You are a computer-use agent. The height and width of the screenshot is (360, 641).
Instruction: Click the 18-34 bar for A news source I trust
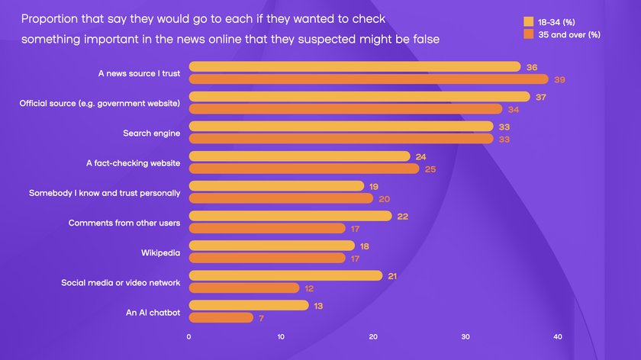[354, 67]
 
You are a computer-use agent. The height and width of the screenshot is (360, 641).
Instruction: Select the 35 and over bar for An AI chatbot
[221, 317]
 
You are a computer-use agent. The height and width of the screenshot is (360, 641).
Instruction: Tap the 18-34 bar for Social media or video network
[285, 275]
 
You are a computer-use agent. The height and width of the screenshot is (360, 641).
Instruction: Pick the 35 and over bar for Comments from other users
[267, 228]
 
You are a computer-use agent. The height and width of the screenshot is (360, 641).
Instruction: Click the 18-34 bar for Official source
[359, 97]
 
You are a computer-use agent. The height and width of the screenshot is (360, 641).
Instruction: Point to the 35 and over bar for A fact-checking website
[304, 169]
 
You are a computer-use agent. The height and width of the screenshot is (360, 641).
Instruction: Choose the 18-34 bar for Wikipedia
[272, 246]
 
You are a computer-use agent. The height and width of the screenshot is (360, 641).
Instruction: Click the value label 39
[560, 79]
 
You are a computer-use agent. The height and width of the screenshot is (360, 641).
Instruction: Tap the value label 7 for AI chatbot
[262, 317]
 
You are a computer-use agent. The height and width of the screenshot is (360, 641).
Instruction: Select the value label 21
[393, 275]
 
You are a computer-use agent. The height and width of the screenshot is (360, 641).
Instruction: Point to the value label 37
[541, 97]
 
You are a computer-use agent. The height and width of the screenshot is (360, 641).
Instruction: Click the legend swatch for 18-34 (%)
[528, 21]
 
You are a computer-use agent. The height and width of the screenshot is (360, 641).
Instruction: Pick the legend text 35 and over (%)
[569, 34]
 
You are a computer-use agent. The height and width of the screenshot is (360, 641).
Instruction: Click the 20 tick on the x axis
[373, 336]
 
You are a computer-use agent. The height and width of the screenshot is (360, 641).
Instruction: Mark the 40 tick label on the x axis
[558, 336]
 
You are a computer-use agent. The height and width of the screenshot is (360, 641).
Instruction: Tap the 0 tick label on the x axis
[188, 336]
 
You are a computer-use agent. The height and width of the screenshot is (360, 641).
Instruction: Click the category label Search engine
[151, 133]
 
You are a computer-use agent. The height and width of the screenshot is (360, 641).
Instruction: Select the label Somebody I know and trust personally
[105, 193]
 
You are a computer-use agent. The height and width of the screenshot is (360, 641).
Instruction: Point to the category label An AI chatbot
[153, 312]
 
